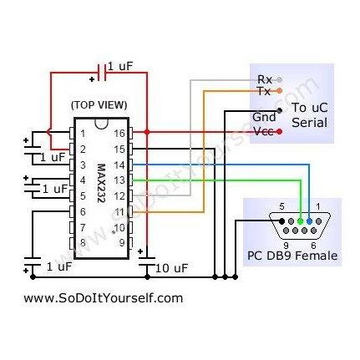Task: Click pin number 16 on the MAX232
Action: [x=119, y=134]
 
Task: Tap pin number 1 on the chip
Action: [x=83, y=134]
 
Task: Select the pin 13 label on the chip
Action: [x=119, y=180]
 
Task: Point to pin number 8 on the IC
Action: [x=83, y=243]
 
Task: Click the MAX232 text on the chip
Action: [x=102, y=183]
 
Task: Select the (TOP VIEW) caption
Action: [x=99, y=105]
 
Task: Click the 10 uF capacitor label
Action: [x=171, y=268]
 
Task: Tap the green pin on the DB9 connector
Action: [x=300, y=221]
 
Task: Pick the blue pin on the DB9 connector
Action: [x=309, y=221]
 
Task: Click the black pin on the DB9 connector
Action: [x=281, y=221]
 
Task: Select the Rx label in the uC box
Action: [x=265, y=79]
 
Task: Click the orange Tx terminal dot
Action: [x=280, y=90]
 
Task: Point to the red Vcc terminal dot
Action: [x=280, y=131]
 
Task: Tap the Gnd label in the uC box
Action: [x=264, y=117]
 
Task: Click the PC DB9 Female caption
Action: [x=292, y=256]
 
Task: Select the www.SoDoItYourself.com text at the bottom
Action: [x=104, y=298]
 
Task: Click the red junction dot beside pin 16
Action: [x=147, y=132]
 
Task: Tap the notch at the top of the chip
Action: [x=101, y=124]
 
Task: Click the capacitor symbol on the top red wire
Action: [x=101, y=73]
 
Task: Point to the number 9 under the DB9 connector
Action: [x=286, y=246]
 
